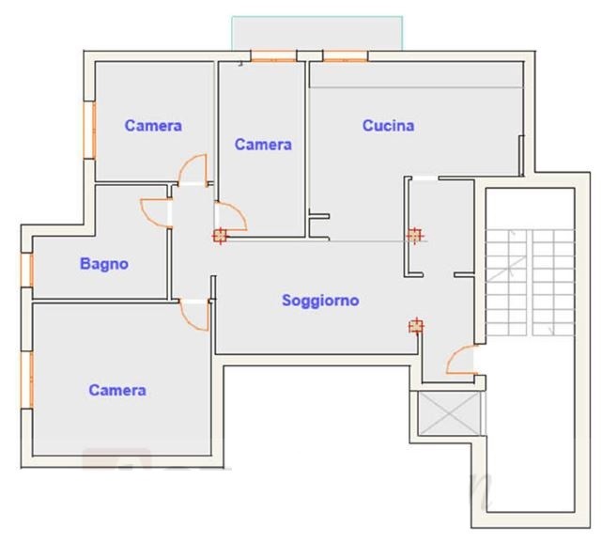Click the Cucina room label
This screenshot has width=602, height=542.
pyautogui.click(x=388, y=126)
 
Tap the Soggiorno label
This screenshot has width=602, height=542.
pyautogui.click(x=320, y=300)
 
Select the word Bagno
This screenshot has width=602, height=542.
pyautogui.click(x=104, y=264)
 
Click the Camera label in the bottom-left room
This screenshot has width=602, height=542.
pyautogui.click(x=117, y=390)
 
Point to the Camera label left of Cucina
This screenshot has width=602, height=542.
pyautogui.click(x=263, y=145)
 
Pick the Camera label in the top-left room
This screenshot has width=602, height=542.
pyautogui.click(x=153, y=126)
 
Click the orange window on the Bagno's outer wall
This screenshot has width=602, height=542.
pyautogui.click(x=28, y=270)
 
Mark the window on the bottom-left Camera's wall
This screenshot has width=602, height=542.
pyautogui.click(x=27, y=379)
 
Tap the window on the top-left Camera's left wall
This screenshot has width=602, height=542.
pyautogui.click(x=89, y=130)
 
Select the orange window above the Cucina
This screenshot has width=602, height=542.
pyautogui.click(x=346, y=56)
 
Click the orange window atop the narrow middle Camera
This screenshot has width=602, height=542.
pyautogui.click(x=273, y=56)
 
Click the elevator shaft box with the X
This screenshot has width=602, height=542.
pyautogui.click(x=449, y=413)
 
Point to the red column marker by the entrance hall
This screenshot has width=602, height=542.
pyautogui.click(x=416, y=326)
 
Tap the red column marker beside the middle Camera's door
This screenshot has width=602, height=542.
pyautogui.click(x=220, y=236)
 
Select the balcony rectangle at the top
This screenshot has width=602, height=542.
pyautogui.click(x=317, y=33)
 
